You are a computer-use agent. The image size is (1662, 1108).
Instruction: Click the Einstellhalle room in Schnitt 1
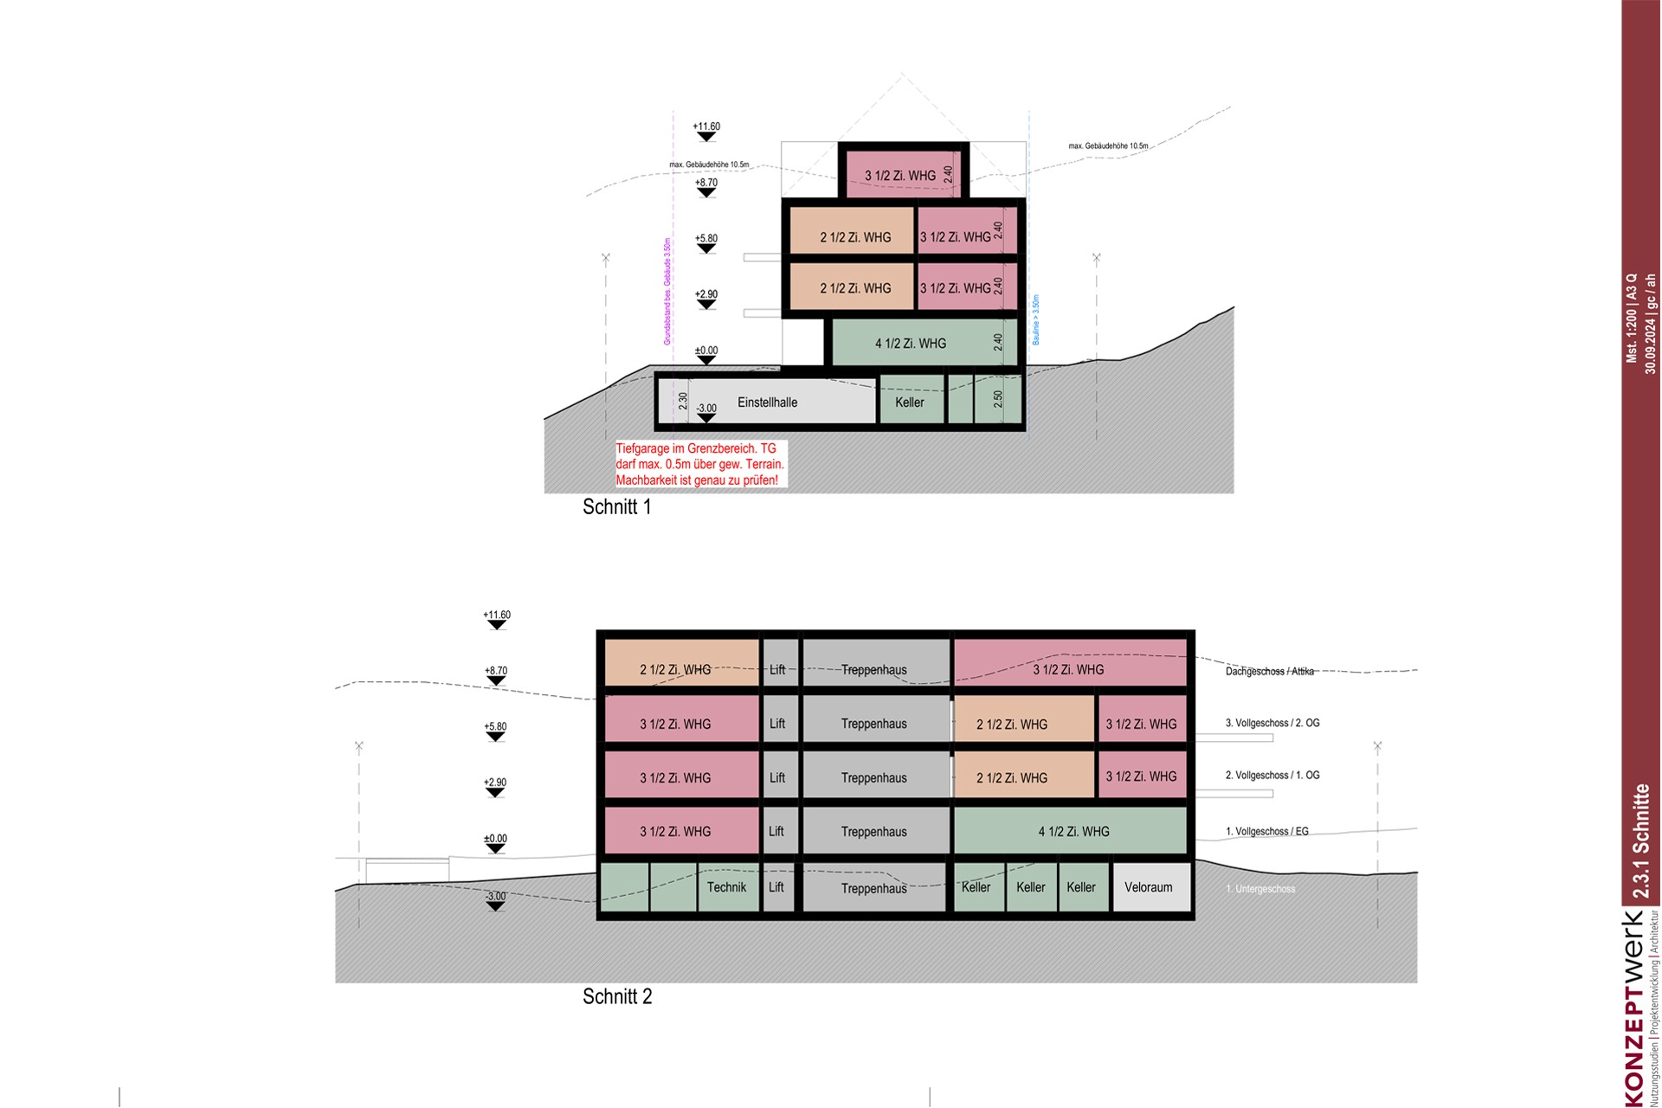(767, 403)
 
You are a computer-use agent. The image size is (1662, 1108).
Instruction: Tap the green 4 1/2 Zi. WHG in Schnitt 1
(911, 344)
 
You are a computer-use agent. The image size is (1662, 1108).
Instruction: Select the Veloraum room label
(1148, 887)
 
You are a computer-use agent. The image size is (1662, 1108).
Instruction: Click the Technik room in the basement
(726, 887)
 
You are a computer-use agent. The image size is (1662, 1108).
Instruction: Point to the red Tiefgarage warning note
(699, 464)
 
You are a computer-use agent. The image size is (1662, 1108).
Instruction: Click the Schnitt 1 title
(616, 507)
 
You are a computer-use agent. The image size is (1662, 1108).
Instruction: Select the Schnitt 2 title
(617, 996)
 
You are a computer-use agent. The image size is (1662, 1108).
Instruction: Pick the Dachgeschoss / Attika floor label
(1269, 672)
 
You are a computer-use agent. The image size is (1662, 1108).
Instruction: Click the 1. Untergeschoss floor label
(1260, 889)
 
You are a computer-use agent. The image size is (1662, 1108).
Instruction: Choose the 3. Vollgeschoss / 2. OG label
(1272, 723)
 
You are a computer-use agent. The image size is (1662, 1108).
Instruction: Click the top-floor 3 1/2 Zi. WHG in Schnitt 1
(900, 176)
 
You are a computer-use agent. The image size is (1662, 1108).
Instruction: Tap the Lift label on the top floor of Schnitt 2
(777, 670)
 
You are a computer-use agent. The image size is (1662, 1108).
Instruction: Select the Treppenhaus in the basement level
(873, 889)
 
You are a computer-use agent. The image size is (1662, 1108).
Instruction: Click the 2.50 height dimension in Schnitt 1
(998, 399)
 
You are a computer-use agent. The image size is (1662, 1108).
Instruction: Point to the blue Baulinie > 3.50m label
(1036, 320)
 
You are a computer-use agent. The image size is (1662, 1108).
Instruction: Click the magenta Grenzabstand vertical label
(667, 292)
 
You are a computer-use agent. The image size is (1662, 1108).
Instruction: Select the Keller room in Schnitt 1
(910, 403)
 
